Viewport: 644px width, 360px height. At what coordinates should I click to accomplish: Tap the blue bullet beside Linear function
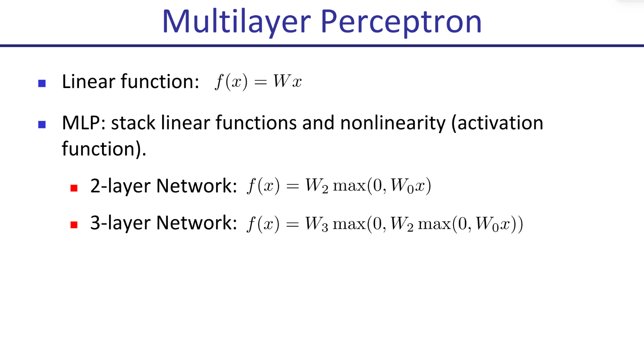tap(42, 83)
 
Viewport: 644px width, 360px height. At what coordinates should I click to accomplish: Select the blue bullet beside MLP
tap(42, 125)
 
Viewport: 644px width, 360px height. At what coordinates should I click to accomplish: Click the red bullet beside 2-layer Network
tap(74, 188)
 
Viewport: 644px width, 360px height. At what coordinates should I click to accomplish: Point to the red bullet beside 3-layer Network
tap(74, 225)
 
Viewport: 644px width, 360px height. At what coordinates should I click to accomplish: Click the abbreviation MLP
tap(81, 123)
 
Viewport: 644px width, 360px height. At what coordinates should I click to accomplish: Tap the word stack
tap(133, 123)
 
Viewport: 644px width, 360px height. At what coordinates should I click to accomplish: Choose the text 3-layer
tap(121, 223)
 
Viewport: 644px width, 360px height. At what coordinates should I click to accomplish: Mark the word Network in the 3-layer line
tap(197, 223)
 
